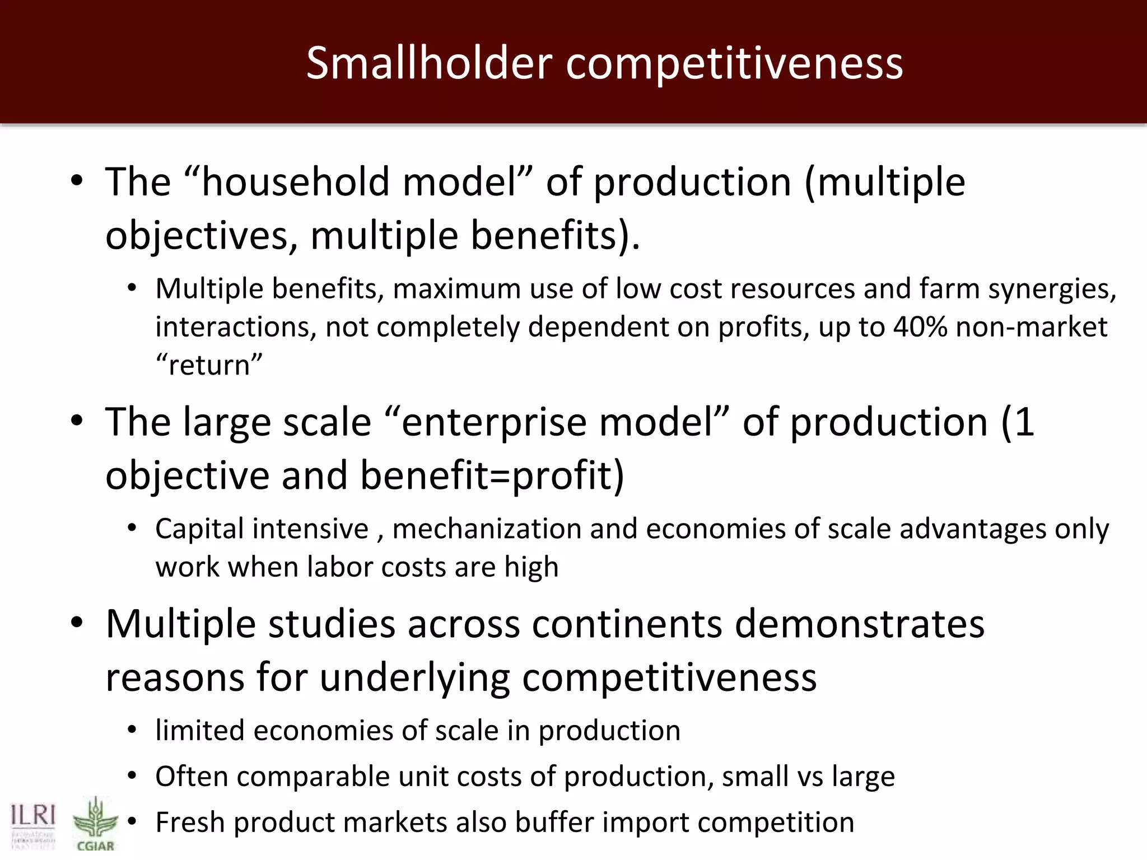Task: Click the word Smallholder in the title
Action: pyautogui.click(x=429, y=63)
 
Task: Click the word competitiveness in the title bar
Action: pyautogui.click(x=734, y=63)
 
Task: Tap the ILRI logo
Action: pyautogui.click(x=33, y=823)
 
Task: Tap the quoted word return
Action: pyautogui.click(x=209, y=365)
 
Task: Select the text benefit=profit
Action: pyautogui.click(x=492, y=475)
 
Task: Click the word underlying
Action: pyautogui.click(x=414, y=677)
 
